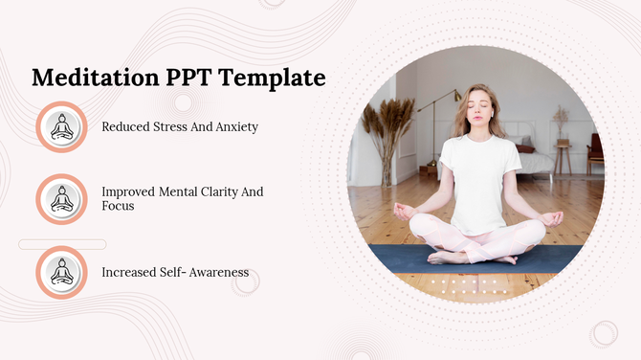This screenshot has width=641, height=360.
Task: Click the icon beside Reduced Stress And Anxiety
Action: click(x=62, y=126)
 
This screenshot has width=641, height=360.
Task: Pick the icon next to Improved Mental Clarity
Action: click(x=62, y=198)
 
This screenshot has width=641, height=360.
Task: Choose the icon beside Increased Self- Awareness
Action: click(x=62, y=272)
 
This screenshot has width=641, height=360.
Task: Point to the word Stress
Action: click(x=170, y=126)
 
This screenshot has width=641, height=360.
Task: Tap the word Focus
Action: click(x=119, y=206)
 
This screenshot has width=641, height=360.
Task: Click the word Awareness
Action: click(x=217, y=272)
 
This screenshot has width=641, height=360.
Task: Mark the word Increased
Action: click(x=131, y=272)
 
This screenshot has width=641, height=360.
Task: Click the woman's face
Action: click(x=479, y=106)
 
